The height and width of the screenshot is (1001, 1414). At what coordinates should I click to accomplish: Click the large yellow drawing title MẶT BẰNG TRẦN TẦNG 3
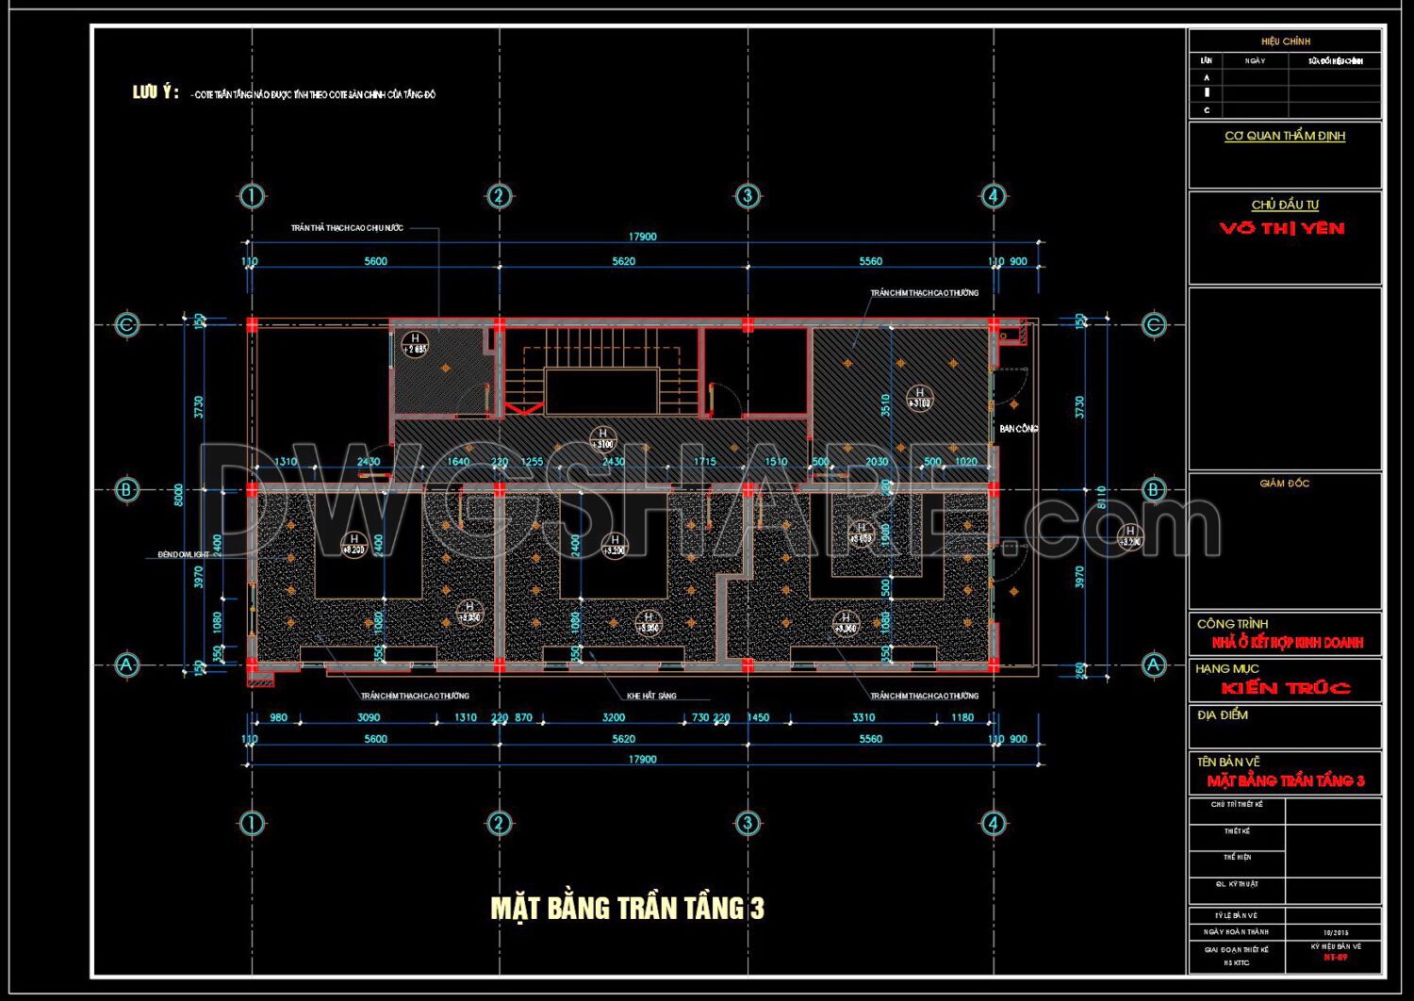627,908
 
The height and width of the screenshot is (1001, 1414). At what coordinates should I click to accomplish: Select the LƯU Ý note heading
155,92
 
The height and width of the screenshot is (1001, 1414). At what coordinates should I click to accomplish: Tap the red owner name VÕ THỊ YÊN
1282,228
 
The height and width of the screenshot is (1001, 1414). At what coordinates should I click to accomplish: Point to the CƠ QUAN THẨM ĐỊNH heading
1284,136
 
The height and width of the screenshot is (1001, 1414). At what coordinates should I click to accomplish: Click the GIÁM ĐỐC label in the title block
1284,484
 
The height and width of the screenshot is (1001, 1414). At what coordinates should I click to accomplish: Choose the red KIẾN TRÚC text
1285,688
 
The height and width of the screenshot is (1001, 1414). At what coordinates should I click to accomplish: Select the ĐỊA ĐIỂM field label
1223,715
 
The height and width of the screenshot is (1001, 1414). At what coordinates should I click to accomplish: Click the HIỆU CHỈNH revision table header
1285,41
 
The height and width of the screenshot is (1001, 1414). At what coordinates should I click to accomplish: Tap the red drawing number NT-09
1335,958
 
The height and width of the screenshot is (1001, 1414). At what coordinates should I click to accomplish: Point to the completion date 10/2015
1335,932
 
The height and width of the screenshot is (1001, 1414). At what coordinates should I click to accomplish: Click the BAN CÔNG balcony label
1018,429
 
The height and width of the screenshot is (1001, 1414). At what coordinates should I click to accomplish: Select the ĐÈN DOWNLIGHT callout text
184,555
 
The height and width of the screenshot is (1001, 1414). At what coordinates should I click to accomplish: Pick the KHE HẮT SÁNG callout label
651,697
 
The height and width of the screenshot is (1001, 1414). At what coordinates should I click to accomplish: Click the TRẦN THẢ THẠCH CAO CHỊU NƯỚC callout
347,228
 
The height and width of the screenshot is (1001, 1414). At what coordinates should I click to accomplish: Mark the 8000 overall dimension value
180,495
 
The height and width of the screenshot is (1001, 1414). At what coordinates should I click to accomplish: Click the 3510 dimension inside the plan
885,405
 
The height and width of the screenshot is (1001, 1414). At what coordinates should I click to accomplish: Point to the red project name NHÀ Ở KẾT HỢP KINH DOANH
1287,643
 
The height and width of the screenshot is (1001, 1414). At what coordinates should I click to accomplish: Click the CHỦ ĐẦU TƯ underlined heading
1284,205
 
